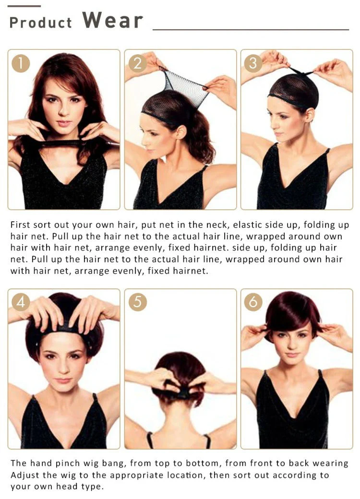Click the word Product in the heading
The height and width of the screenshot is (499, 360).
click(41, 23)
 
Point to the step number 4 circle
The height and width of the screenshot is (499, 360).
click(21, 302)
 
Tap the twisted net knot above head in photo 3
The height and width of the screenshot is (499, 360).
click(299, 72)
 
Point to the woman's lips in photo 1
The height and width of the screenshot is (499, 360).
click(64, 123)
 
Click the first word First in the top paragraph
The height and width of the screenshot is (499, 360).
click(20, 225)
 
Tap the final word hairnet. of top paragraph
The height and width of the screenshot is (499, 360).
click(191, 271)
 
